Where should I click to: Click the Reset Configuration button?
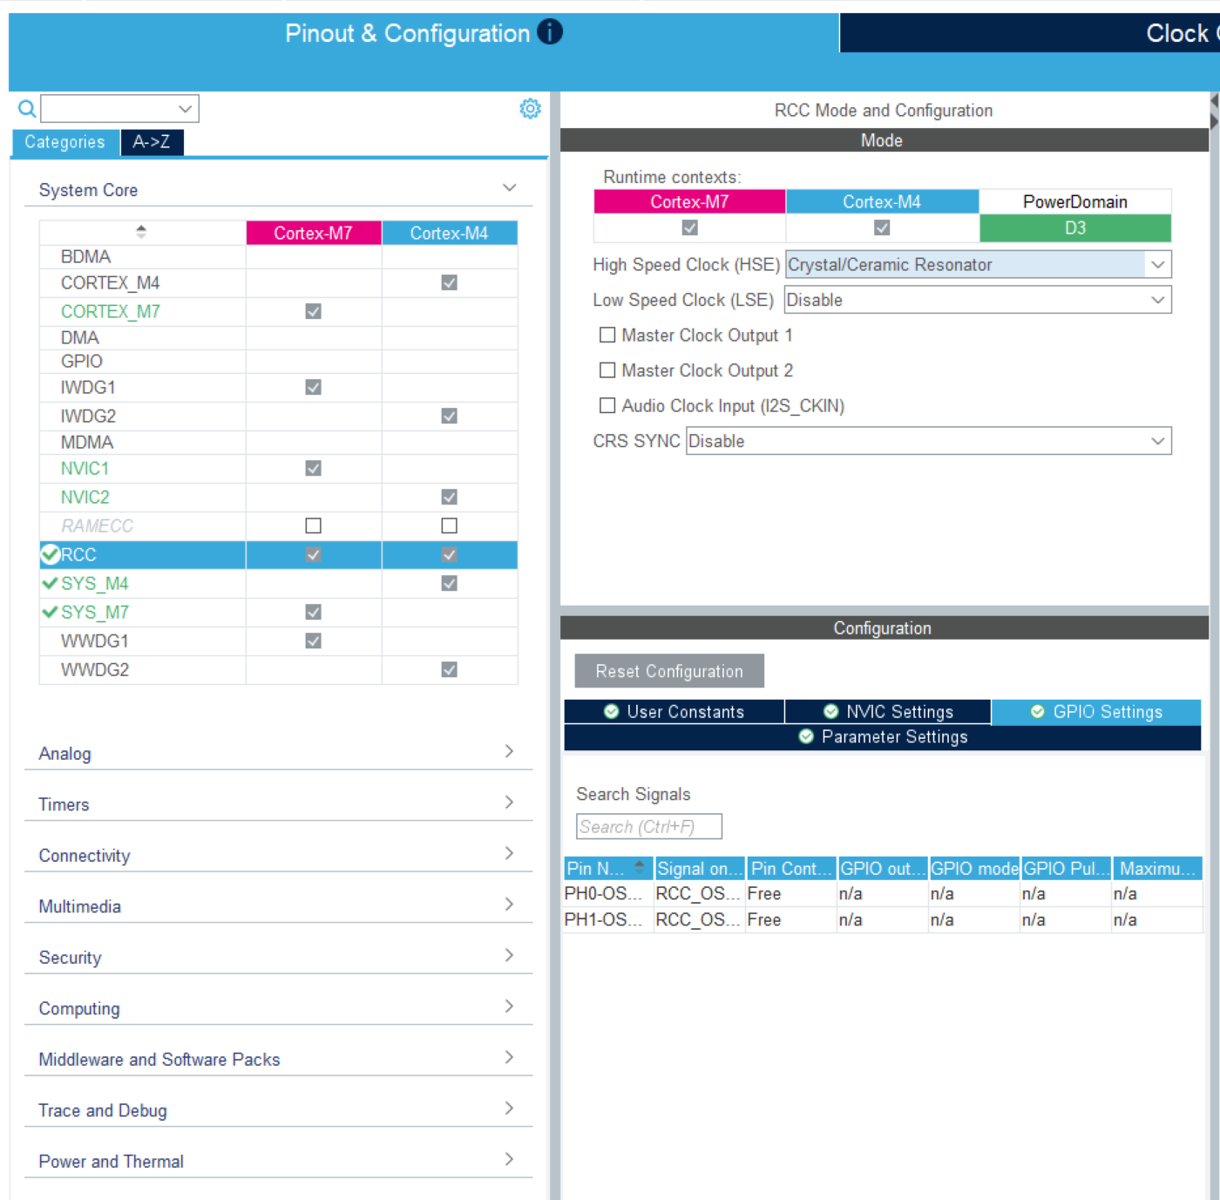pos(668,671)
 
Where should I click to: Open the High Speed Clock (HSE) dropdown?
pos(978,264)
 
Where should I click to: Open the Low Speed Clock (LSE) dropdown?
pos(978,300)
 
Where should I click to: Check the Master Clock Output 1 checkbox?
pos(607,335)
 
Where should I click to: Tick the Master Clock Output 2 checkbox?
pos(607,369)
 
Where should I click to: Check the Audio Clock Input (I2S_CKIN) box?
pos(607,405)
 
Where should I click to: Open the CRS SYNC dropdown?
pos(929,441)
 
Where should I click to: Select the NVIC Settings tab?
pos(888,712)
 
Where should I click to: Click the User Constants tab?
pos(674,712)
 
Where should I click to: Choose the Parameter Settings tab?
pos(883,737)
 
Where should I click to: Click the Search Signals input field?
pos(649,826)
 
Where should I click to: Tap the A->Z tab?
pos(152,142)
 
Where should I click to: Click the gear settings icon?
pos(530,108)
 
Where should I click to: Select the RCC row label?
pos(78,555)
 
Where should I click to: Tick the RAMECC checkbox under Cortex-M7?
pos(313,525)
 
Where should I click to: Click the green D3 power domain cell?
pos(1075,228)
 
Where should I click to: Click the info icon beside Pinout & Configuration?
pos(550,31)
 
